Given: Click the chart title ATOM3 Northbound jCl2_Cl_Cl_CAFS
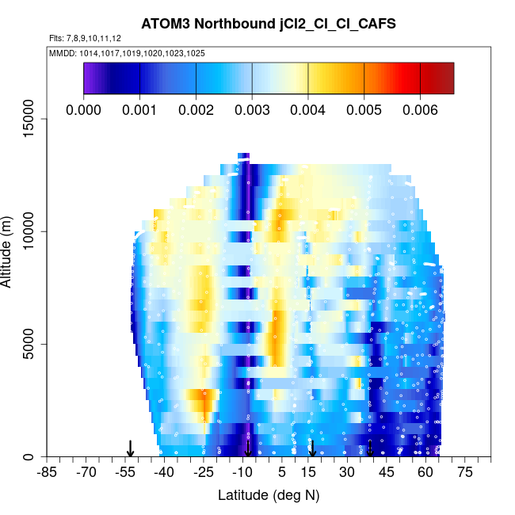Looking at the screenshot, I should pos(269,24).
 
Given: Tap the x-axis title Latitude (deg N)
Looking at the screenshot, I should pos(269,495).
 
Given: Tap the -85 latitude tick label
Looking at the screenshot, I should pos(48,472).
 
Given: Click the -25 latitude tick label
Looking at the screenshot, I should pos(204,472).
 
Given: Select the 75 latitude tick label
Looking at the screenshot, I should pos(464,472).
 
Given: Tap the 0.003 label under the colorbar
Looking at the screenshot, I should pos(252,109).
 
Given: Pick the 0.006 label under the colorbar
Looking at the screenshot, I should pos(420,109).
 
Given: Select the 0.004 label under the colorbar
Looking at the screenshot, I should pos(308,109).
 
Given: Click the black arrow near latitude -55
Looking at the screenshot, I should pos(131,448).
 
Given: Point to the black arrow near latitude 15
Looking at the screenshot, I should pos(312,448).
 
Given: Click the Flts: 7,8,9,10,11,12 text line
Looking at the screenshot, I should pos(85,38).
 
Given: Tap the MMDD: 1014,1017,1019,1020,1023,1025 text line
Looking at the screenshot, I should pos(127,53).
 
